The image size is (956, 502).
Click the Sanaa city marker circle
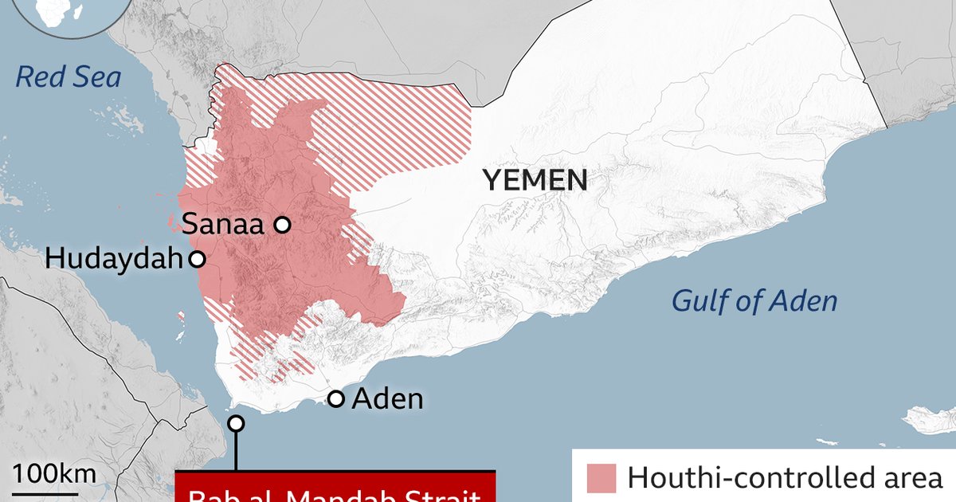pos(282,226)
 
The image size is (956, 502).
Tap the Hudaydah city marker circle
pos(196,259)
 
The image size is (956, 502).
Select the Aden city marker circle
pos(336,398)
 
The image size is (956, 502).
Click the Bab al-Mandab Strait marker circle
pos(236,423)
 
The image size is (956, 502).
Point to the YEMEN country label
pos(535,181)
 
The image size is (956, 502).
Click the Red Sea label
pos(69,77)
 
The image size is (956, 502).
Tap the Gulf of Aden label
pos(754,301)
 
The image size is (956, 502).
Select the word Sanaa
pos(223,226)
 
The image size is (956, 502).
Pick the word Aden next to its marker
pos(387,398)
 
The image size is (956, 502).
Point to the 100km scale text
pos(54,474)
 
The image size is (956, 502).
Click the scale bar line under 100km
pos(54,496)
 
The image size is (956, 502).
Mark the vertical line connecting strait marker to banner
pos(236,450)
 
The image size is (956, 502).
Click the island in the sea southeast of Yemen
pos(930,419)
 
